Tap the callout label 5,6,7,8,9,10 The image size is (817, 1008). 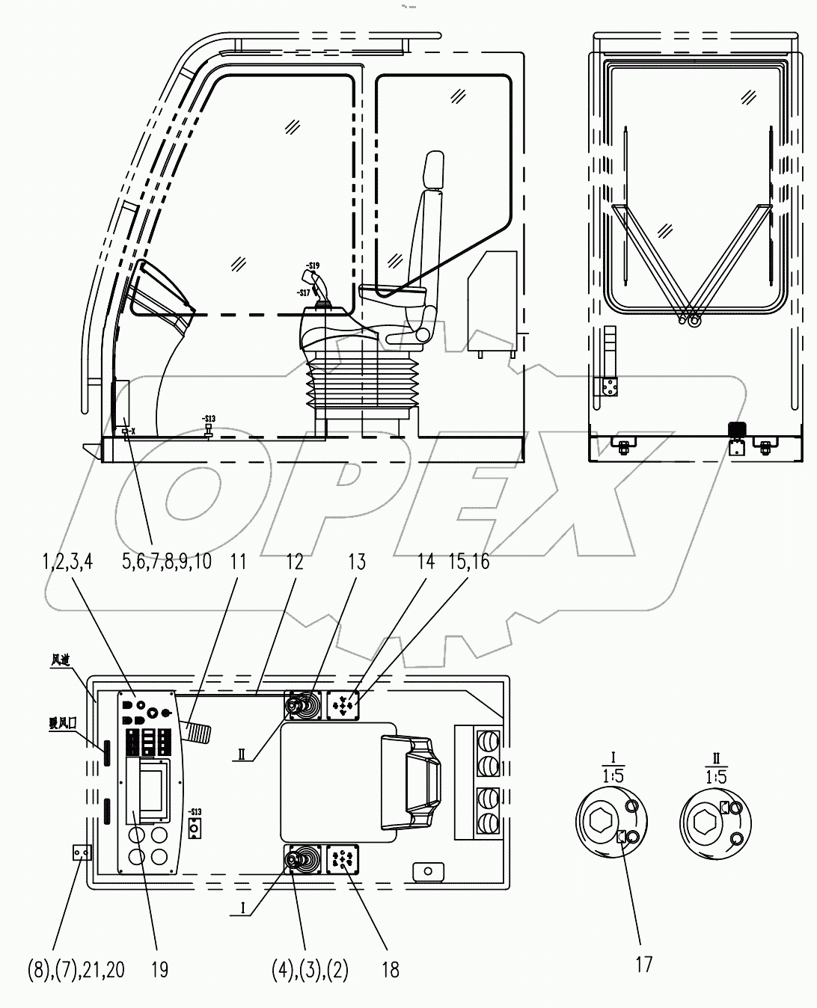point(166,562)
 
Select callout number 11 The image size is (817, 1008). point(238,562)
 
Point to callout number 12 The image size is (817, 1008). point(295,562)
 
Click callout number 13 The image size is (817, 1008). point(357,562)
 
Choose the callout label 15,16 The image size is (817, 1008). point(469,562)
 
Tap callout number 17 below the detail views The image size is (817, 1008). point(643,965)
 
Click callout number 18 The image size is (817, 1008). point(390,970)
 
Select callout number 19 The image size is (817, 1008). point(159,970)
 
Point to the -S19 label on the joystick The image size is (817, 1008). point(312,265)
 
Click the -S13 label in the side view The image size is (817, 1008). point(208,418)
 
